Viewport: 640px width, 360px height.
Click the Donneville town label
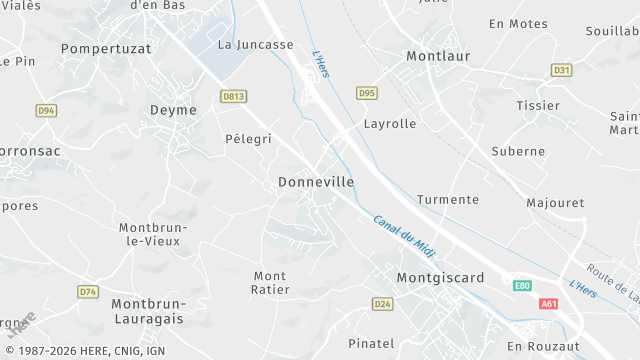[315, 183]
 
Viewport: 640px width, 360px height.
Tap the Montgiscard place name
[440, 277]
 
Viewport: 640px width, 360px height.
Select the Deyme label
[173, 110]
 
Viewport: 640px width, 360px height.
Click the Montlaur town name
[438, 57]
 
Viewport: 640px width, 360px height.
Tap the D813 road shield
[233, 96]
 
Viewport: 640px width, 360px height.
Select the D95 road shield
[367, 93]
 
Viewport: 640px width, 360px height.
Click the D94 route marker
[46, 110]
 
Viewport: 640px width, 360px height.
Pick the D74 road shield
[88, 291]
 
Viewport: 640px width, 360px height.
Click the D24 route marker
[382, 303]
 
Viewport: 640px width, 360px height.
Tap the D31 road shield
[561, 70]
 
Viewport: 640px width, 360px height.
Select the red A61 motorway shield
[548, 303]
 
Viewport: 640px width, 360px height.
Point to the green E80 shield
[522, 285]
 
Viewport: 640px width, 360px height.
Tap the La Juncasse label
[256, 45]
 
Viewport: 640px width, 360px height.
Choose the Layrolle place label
[389, 124]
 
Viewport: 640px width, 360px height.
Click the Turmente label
[447, 200]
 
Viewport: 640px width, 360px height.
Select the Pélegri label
[248, 139]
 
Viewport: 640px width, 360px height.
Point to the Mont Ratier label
[271, 282]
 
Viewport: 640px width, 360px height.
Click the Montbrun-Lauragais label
[147, 310]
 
